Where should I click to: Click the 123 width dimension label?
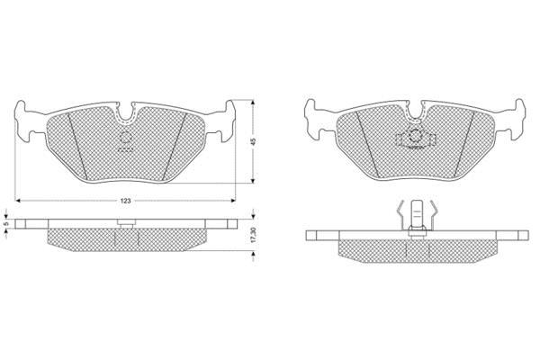(x=126, y=201)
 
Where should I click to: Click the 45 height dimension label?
(x=254, y=141)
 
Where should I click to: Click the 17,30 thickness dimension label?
(x=254, y=235)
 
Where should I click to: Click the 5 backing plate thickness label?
(x=5, y=223)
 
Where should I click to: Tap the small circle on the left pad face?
(x=125, y=138)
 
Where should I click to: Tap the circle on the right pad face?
(x=416, y=136)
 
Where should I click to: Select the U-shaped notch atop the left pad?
(x=125, y=112)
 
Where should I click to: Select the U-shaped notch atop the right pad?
(x=416, y=111)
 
